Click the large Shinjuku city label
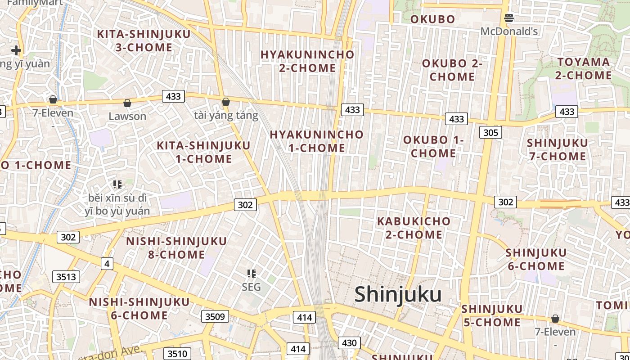point(398,295)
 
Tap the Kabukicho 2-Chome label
point(414,228)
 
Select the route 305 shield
point(490,132)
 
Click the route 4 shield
point(107,264)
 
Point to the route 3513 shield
point(66,276)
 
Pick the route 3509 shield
point(215,316)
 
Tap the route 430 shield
point(349,343)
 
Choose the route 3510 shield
point(177,354)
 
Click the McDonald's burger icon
point(509,18)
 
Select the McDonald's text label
point(509,31)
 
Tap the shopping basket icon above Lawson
point(127,103)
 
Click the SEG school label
point(251,287)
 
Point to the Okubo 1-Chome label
point(433,146)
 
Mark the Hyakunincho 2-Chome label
point(307,61)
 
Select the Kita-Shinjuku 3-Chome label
point(144,40)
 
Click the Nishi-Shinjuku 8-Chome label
point(176,248)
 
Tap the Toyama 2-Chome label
point(583,68)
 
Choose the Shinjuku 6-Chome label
point(536,259)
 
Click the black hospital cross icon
point(16,50)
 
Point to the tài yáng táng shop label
point(226,116)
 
